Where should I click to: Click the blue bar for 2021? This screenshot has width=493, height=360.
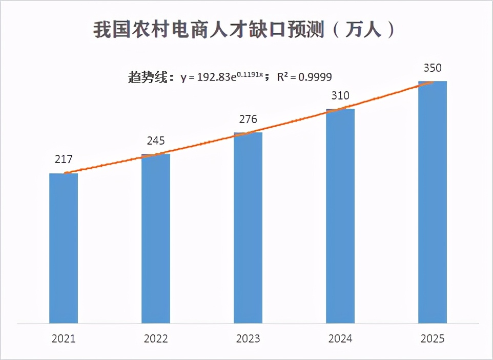click(x=64, y=249)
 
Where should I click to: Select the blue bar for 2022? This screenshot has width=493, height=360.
click(x=156, y=239)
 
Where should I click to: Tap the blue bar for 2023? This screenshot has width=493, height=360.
click(x=248, y=228)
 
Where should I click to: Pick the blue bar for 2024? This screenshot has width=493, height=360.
click(x=340, y=216)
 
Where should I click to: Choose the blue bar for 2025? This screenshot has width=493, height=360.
click(x=433, y=203)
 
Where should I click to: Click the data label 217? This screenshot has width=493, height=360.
click(x=64, y=159)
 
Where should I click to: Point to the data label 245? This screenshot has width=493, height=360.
click(x=156, y=141)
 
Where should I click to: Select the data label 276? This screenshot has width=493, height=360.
click(x=248, y=119)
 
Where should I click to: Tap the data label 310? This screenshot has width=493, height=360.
click(x=340, y=96)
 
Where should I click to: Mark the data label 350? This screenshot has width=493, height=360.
click(x=433, y=68)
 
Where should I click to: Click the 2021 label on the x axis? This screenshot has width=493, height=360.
click(x=64, y=339)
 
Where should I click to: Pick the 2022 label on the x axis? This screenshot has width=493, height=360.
click(x=156, y=339)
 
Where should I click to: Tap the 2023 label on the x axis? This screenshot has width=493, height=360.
click(x=248, y=339)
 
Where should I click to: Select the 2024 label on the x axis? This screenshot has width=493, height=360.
click(x=340, y=339)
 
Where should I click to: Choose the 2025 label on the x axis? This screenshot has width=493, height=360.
click(x=433, y=339)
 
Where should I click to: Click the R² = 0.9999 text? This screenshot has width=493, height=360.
click(x=304, y=77)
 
